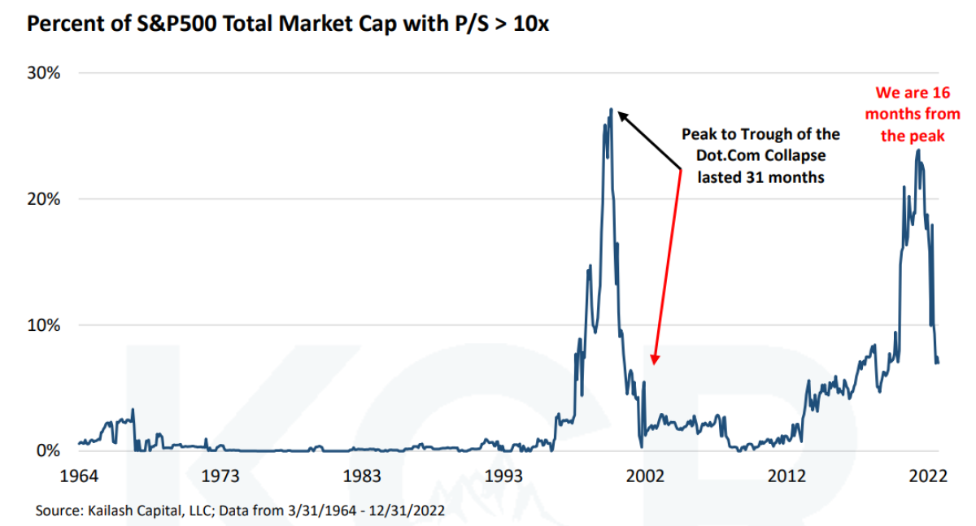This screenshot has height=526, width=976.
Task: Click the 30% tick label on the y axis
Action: (x=45, y=73)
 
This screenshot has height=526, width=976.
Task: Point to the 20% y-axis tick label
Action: (x=45, y=199)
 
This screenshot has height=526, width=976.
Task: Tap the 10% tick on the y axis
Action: (x=45, y=325)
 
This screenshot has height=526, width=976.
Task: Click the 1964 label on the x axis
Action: (x=79, y=475)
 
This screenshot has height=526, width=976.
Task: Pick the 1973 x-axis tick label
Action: (x=220, y=475)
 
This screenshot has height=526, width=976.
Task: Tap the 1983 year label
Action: (x=362, y=475)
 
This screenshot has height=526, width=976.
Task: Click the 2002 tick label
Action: (x=646, y=475)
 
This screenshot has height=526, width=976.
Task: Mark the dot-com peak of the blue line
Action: (x=611, y=109)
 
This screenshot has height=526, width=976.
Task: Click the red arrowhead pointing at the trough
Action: (x=655, y=360)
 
